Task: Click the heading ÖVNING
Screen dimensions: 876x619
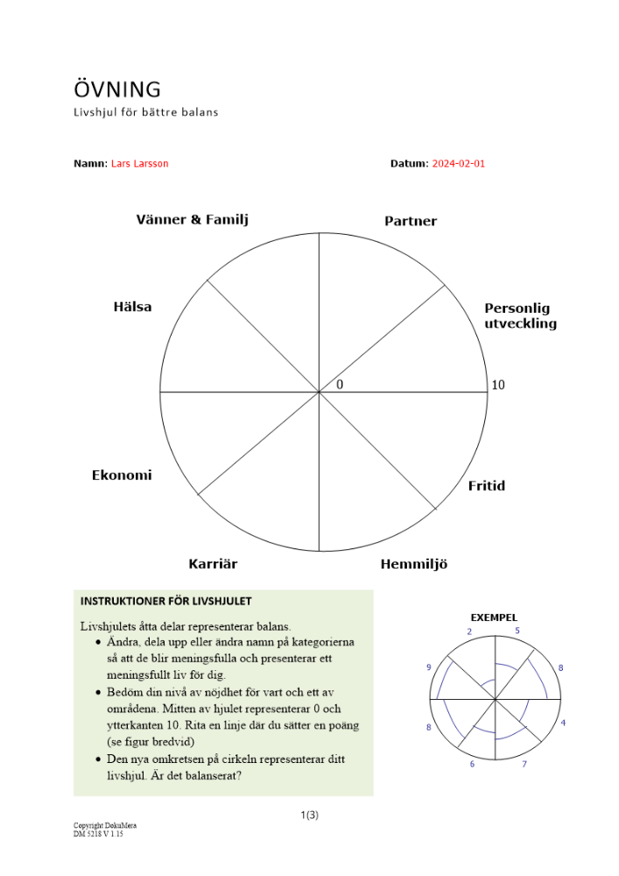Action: pyautogui.click(x=117, y=89)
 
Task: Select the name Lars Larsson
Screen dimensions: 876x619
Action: pyautogui.click(x=139, y=164)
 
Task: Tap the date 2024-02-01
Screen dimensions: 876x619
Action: pyautogui.click(x=458, y=164)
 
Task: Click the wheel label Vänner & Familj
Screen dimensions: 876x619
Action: pyautogui.click(x=192, y=220)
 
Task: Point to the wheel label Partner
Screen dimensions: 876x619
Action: pyautogui.click(x=410, y=222)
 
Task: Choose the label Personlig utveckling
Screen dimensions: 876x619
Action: pyautogui.click(x=520, y=316)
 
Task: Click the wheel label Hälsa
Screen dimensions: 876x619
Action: pyautogui.click(x=132, y=307)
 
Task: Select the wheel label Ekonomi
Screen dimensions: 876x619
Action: pyautogui.click(x=122, y=476)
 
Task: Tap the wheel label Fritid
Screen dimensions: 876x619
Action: pyautogui.click(x=486, y=486)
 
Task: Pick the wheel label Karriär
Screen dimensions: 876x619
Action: pyautogui.click(x=213, y=564)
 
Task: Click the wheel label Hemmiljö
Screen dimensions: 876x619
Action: pyautogui.click(x=413, y=564)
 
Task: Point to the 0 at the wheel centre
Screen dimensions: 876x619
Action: pyautogui.click(x=340, y=385)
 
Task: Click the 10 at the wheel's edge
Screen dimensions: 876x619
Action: pyautogui.click(x=498, y=385)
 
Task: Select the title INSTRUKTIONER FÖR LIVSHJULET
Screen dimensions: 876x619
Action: pyautogui.click(x=165, y=601)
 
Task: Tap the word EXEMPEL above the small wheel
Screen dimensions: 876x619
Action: pyautogui.click(x=494, y=618)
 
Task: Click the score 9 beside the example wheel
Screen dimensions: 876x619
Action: pyautogui.click(x=429, y=668)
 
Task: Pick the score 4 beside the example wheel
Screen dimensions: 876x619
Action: pyautogui.click(x=563, y=723)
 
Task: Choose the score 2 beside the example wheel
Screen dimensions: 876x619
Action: pyautogui.click(x=469, y=632)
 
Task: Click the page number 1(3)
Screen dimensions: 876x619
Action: pyautogui.click(x=309, y=816)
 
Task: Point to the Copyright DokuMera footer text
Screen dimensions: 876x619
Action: pyautogui.click(x=105, y=825)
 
